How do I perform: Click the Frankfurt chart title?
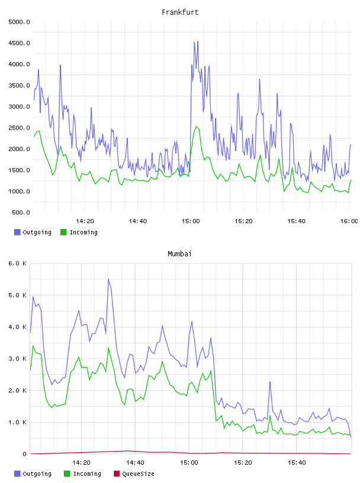click(x=180, y=12)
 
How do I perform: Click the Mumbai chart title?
click(x=179, y=254)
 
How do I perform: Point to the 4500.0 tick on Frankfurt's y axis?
click(x=19, y=43)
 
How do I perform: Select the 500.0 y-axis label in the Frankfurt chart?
click(x=21, y=212)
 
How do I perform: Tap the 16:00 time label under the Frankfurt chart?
click(x=349, y=221)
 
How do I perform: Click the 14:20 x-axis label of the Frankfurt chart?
click(x=85, y=221)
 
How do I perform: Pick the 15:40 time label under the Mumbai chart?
click(x=297, y=463)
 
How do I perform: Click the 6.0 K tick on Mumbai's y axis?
click(x=18, y=263)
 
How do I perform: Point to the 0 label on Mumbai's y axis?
click(x=24, y=454)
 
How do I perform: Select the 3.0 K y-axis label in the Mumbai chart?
click(x=18, y=359)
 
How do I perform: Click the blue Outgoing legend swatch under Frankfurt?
click(x=17, y=232)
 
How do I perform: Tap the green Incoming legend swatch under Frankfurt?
click(x=63, y=232)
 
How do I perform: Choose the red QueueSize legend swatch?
click(x=117, y=474)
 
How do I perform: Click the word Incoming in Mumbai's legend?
click(x=87, y=474)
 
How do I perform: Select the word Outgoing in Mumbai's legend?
click(x=37, y=474)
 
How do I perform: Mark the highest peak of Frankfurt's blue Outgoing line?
click(x=198, y=41)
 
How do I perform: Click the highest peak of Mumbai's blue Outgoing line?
click(x=108, y=279)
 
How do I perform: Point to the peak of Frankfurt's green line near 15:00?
click(x=197, y=126)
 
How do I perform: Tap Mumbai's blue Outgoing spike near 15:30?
click(x=270, y=382)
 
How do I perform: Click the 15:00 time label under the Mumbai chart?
click(x=189, y=463)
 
